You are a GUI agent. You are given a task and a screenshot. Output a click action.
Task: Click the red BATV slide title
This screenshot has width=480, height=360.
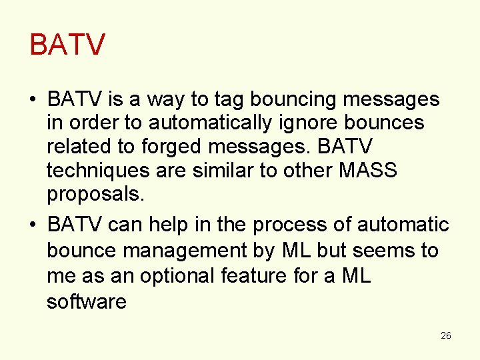[x=67, y=45]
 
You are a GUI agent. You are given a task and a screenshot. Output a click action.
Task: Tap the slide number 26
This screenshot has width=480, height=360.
[x=446, y=335]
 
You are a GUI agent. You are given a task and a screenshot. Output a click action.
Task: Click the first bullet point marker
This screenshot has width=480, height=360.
[x=33, y=101]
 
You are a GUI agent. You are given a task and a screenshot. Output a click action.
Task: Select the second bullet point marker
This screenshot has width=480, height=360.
[x=33, y=226]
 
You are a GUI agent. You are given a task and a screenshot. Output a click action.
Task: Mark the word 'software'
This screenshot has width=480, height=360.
[x=86, y=301]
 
